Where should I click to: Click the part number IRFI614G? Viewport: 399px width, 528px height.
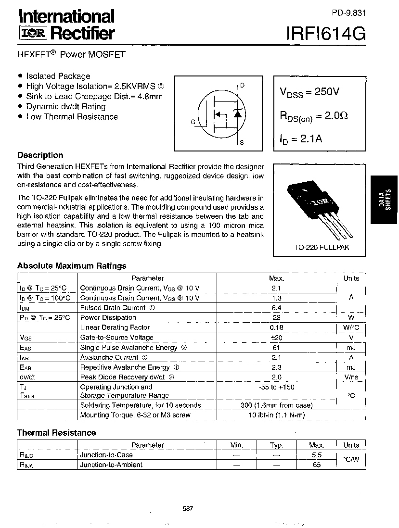click(326, 33)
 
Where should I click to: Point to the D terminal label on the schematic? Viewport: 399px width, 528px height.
click(242, 86)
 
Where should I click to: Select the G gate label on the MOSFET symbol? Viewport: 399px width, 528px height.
click(193, 122)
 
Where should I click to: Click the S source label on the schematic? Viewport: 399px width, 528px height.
click(242, 143)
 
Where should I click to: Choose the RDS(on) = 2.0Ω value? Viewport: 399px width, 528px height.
click(314, 116)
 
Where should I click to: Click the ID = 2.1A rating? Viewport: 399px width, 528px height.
click(301, 139)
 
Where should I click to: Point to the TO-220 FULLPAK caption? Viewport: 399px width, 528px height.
click(322, 248)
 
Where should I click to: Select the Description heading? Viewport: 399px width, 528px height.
click(40, 155)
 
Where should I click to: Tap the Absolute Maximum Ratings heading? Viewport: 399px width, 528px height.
click(72, 266)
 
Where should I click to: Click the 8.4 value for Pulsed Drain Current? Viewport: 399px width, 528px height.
click(276, 308)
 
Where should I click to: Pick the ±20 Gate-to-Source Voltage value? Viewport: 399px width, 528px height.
click(276, 338)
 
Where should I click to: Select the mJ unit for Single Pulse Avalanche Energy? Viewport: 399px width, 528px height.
click(351, 348)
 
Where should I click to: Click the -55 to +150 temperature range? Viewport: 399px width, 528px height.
click(276, 387)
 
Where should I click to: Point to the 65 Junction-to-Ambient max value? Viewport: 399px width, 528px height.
click(316, 465)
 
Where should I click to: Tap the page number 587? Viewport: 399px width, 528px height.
click(188, 509)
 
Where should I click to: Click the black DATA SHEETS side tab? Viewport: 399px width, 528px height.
click(385, 199)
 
